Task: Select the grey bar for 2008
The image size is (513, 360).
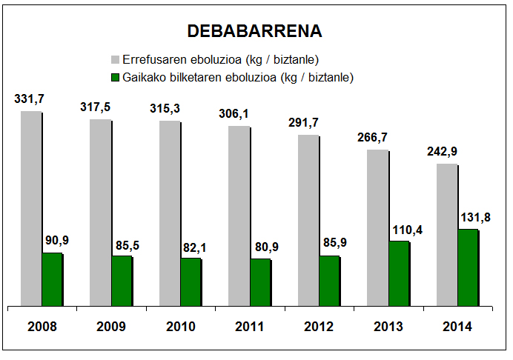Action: (x=31, y=208)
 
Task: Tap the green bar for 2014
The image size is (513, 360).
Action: (x=467, y=267)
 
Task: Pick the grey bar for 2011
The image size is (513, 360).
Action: (x=239, y=216)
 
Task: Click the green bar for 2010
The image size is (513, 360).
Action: (x=191, y=281)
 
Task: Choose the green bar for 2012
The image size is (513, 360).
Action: (x=329, y=281)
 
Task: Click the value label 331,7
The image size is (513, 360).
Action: (x=29, y=99)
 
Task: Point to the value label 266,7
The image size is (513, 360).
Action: (x=377, y=138)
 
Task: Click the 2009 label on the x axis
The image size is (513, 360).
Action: (x=111, y=326)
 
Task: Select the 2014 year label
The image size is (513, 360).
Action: (x=457, y=326)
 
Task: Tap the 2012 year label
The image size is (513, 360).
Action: (x=319, y=326)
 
